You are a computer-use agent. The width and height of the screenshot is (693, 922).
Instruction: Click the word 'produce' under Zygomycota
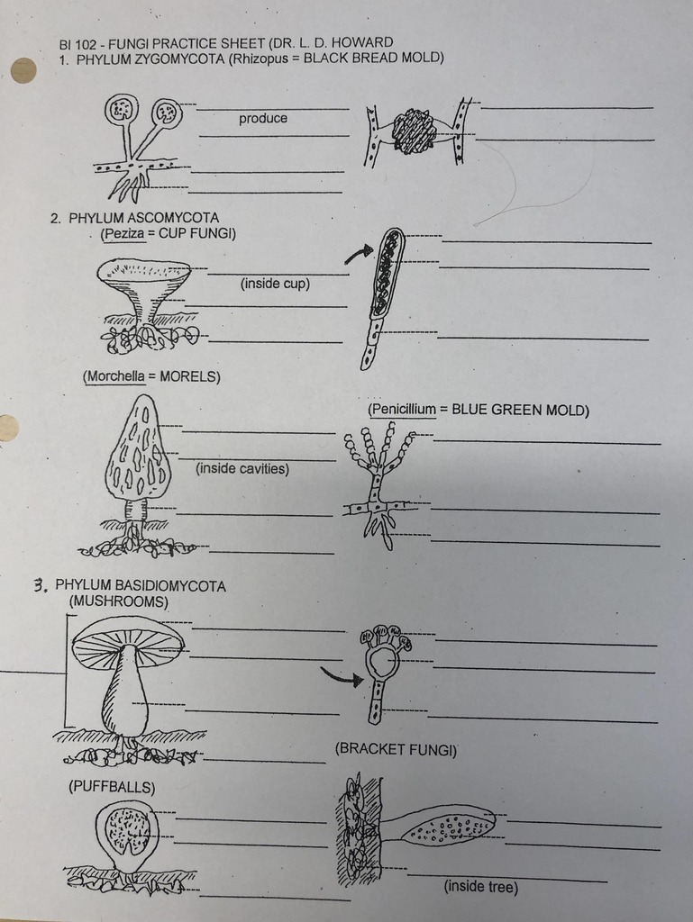click(x=263, y=119)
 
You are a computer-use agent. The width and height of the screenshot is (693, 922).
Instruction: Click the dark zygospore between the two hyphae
click(x=414, y=132)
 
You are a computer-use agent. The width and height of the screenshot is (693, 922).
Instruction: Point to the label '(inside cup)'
click(x=275, y=284)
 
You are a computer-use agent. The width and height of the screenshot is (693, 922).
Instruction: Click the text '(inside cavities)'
click(x=242, y=468)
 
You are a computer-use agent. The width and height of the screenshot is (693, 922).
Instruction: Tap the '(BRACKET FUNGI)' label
click(x=396, y=749)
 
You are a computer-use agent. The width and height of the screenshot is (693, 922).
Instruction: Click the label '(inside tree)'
click(x=480, y=887)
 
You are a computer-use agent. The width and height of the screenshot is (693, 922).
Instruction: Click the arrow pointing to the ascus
click(x=358, y=255)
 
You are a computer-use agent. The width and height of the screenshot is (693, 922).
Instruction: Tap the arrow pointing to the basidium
click(x=341, y=676)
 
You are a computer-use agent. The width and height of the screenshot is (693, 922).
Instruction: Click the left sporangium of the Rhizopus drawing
click(x=121, y=110)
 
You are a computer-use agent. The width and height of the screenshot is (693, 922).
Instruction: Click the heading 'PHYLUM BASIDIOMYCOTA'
click(x=141, y=586)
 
